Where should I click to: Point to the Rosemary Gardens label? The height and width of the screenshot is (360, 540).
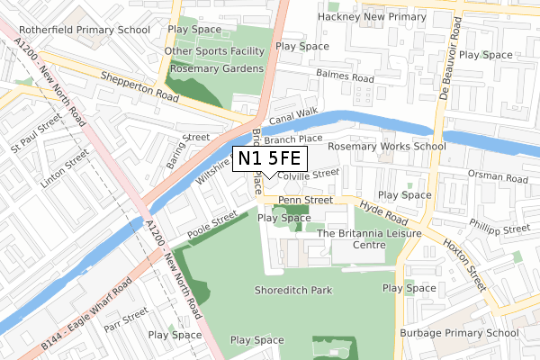[x=217, y=68]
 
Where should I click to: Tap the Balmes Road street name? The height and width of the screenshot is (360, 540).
[x=345, y=78]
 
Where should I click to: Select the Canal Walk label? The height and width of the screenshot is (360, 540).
[x=293, y=113]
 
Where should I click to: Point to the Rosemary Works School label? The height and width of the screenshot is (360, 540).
[x=387, y=146]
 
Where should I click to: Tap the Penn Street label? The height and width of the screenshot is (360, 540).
[x=300, y=200]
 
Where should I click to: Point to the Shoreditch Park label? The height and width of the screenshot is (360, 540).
[x=292, y=290]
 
